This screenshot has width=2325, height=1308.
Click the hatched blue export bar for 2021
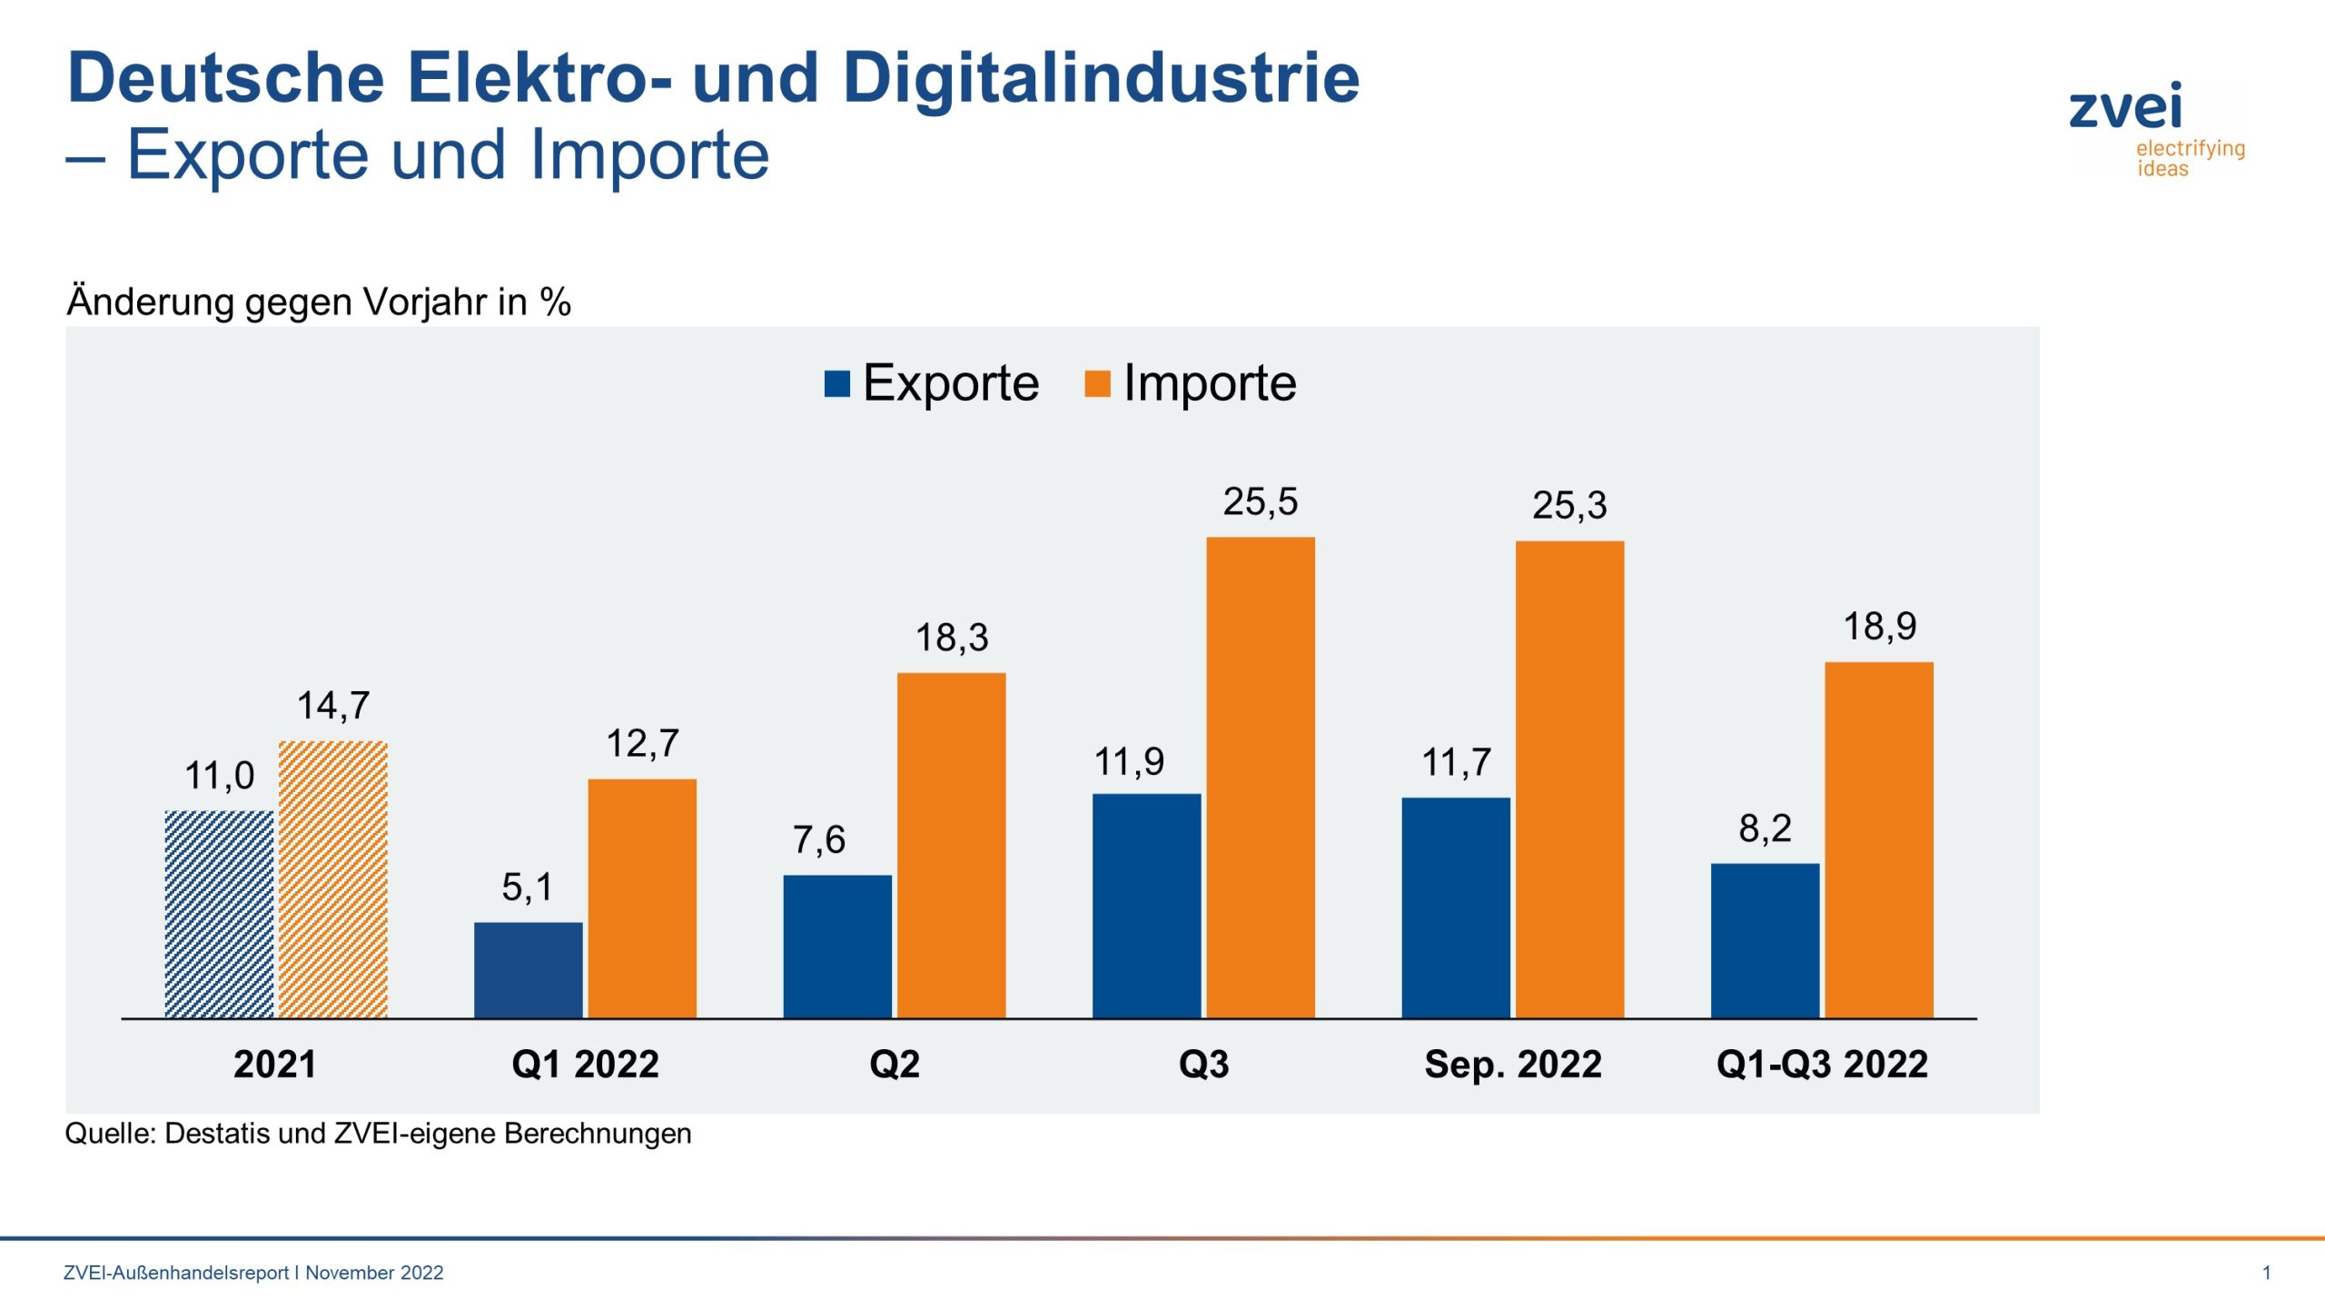pyautogui.click(x=219, y=914)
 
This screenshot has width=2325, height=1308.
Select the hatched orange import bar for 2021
pyautogui.click(x=333, y=879)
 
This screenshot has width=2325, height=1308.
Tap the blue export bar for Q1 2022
pyautogui.click(x=528, y=970)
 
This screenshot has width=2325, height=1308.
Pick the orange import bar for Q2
pyautogui.click(x=951, y=845)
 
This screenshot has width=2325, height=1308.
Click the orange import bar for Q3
pyautogui.click(x=1260, y=778)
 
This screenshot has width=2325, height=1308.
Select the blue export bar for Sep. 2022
pyautogui.click(x=1455, y=907)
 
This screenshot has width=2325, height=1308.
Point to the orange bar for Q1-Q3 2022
pyautogui.click(x=1878, y=840)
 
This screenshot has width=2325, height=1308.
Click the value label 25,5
pyautogui.click(x=1260, y=502)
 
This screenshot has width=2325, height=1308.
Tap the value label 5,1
pyautogui.click(x=527, y=887)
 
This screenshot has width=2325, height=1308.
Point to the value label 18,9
pyautogui.click(x=1879, y=627)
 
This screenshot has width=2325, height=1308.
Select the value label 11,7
pyautogui.click(x=1455, y=763)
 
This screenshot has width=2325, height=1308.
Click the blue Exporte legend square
pyautogui.click(x=836, y=384)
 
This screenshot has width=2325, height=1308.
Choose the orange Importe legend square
pyautogui.click(x=1097, y=384)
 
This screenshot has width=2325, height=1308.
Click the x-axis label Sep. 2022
pyautogui.click(x=1512, y=1064)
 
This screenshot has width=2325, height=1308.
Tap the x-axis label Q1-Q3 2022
pyautogui.click(x=1821, y=1064)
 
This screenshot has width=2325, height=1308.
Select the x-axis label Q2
pyautogui.click(x=894, y=1064)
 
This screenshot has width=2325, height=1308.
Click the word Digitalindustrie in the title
pyautogui.click(x=1101, y=78)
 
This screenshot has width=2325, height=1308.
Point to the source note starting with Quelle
pyautogui.click(x=378, y=1134)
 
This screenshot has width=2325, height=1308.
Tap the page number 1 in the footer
pyautogui.click(x=2266, y=1273)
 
